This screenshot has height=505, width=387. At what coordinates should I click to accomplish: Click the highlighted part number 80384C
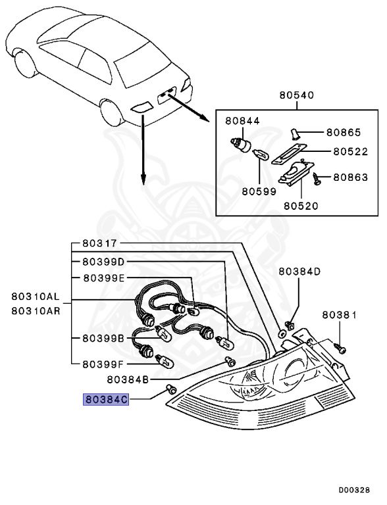coord(104,398)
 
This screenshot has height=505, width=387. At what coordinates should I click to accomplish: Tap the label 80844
coord(242,121)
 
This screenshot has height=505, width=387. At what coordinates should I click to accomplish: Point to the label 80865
coord(347,132)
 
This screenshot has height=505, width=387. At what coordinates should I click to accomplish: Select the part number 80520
coord(301,205)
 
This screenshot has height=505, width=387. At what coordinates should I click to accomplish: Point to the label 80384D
coord(299,271)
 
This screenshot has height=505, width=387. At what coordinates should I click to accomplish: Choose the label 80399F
coord(103,363)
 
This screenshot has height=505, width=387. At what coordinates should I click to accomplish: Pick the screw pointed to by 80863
coord(318,177)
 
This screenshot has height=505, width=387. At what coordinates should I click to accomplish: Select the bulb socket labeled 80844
coord(242,143)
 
